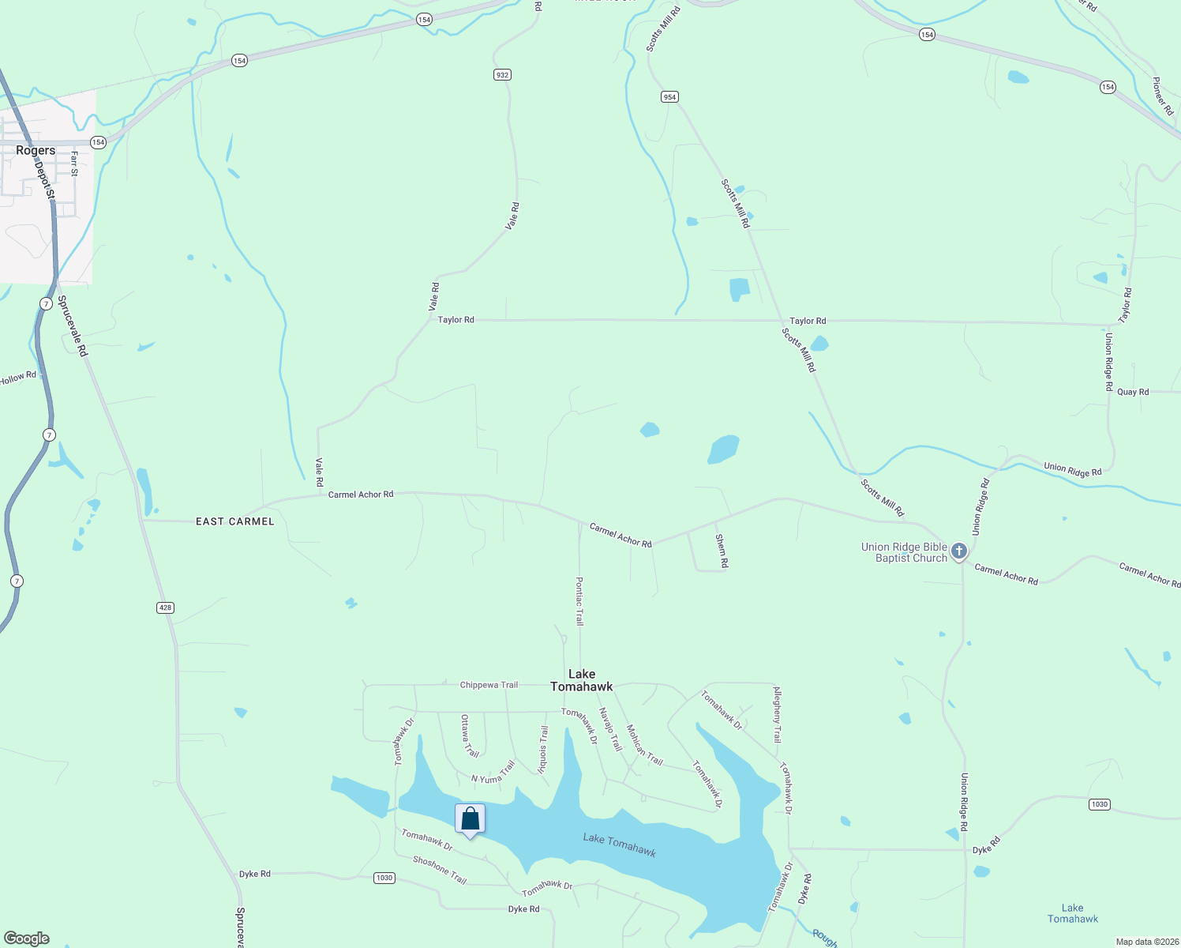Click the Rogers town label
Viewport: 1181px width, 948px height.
point(36,150)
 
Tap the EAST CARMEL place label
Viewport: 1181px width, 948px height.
point(234,521)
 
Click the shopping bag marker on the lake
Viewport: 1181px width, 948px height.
point(470,819)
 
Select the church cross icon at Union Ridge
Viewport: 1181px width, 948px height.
point(959,551)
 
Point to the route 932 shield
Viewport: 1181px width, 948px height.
point(502,75)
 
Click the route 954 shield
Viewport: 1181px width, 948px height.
point(669,97)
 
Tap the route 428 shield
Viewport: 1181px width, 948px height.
point(165,608)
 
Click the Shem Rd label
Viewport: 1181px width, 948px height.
point(721,551)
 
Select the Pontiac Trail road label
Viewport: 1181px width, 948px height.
point(579,601)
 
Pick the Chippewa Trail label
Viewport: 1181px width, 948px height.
point(489,685)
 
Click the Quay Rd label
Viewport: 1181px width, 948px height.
point(1133,392)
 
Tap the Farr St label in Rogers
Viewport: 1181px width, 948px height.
point(74,164)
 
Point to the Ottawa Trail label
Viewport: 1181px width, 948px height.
point(469,735)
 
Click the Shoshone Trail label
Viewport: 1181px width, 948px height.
point(440,870)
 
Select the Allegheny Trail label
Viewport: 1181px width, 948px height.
point(777,714)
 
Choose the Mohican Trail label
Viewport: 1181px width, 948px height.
point(644,744)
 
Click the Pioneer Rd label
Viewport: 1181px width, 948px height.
point(1162,96)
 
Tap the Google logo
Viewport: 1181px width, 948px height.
point(26,939)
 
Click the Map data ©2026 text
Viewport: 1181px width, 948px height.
point(1146,942)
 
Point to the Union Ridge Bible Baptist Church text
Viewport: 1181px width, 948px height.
point(904,552)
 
